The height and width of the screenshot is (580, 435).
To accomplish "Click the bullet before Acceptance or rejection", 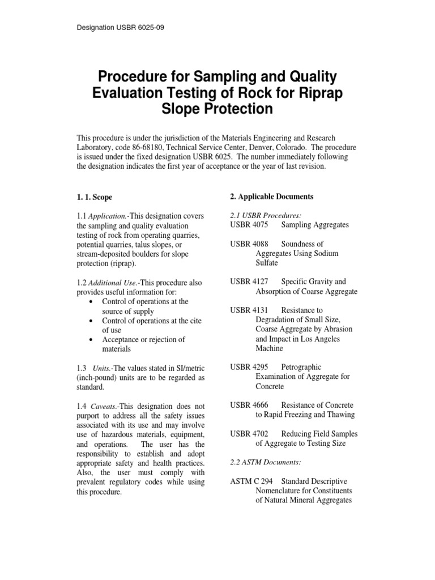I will pos(92,340).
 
